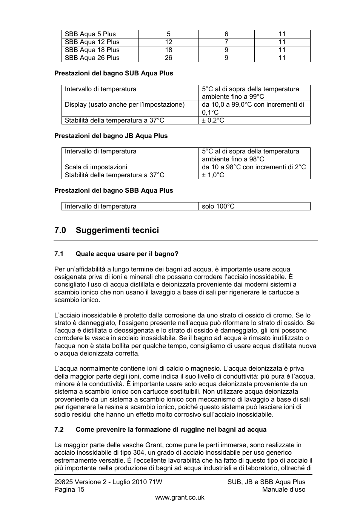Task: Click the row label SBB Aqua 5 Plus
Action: (x=90, y=34)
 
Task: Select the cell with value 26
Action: (x=168, y=58)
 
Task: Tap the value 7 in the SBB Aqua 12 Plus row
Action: (x=226, y=42)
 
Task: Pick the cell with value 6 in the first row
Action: (x=226, y=34)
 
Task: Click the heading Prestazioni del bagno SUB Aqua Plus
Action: (x=114, y=73)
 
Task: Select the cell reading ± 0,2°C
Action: (x=213, y=120)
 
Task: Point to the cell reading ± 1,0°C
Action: (x=213, y=175)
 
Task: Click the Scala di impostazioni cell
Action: (x=96, y=167)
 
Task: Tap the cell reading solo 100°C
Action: (x=218, y=206)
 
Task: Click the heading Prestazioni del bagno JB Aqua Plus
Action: (x=111, y=136)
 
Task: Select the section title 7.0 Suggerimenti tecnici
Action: (x=106, y=230)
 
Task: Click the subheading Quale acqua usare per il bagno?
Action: (x=127, y=254)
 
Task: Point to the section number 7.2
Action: (x=59, y=429)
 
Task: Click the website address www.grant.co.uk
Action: (x=180, y=497)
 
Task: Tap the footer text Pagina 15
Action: (x=69, y=489)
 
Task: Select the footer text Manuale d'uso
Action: (x=284, y=489)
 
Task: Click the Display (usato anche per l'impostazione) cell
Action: (x=125, y=104)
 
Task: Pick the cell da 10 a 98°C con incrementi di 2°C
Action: (x=254, y=167)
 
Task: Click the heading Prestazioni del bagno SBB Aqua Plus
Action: (x=114, y=190)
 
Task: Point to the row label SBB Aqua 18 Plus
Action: (x=92, y=50)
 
